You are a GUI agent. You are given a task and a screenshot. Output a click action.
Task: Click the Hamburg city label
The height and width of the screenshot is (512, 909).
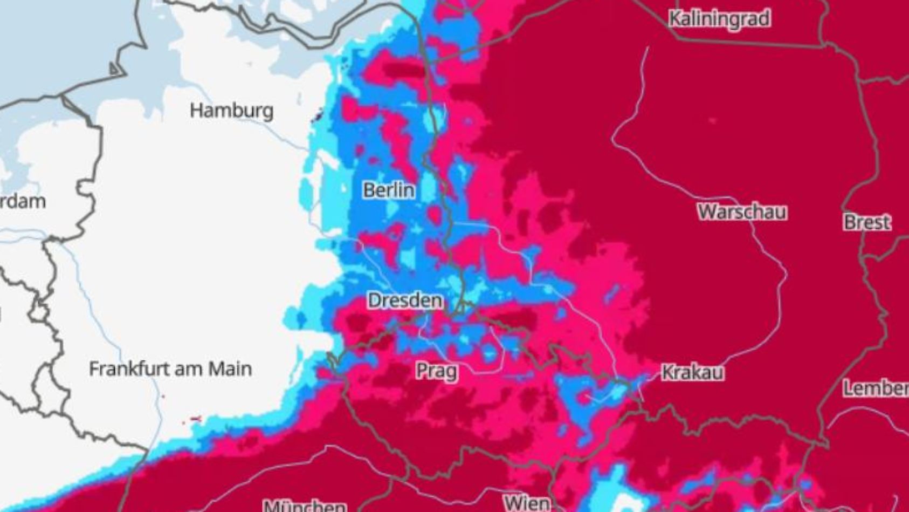[x=232, y=111]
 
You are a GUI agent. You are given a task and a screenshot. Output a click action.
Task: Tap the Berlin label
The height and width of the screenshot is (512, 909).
[x=389, y=190]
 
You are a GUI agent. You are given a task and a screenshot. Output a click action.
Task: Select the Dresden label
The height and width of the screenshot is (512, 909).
[x=405, y=301]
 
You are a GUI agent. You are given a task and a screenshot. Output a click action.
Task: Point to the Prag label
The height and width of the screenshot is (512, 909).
[x=437, y=371]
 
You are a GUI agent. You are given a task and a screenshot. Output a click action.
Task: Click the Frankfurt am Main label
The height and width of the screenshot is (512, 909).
[x=170, y=369]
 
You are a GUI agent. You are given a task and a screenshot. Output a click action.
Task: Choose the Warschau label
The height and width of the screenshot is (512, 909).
[x=742, y=211]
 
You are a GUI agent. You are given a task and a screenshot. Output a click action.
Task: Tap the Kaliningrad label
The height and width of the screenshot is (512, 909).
[x=719, y=19]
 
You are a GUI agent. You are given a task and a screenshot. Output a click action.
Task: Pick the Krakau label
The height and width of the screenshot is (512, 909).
[x=692, y=372]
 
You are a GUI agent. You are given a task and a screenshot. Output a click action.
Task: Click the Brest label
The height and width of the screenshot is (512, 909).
[x=867, y=222]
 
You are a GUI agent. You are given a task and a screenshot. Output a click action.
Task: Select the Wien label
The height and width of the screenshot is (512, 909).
[x=527, y=503]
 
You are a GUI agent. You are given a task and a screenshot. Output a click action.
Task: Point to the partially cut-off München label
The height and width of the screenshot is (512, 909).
[x=305, y=506]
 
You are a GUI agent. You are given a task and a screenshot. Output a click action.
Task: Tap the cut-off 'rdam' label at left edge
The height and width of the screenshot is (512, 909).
[x=23, y=202]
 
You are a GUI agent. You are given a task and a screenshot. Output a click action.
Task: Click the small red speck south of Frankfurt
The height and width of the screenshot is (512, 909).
[x=196, y=419]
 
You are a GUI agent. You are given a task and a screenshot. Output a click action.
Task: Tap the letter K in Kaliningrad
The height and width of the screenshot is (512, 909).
[x=674, y=19]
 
